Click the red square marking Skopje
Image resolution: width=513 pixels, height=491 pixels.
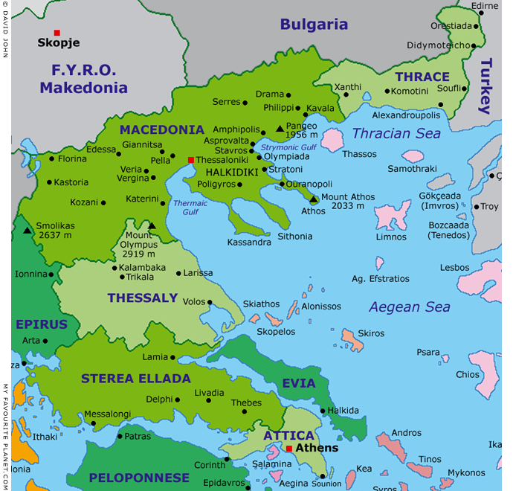57,33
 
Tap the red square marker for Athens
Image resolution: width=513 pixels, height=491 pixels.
289,449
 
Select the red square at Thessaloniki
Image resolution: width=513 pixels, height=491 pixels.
191,160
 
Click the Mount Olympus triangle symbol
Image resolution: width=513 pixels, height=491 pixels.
152,226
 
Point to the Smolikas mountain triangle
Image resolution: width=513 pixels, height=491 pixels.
28,231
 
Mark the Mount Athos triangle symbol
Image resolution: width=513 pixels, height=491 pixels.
314,199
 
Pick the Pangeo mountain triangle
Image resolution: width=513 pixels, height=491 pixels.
280,129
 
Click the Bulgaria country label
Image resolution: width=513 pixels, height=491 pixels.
314,25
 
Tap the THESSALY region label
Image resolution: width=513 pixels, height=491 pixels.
142,298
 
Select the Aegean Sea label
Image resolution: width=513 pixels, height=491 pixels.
410,307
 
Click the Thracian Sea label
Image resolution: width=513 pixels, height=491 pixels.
396,134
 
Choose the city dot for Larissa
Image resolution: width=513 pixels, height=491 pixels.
178,273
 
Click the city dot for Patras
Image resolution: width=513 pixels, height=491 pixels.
119,436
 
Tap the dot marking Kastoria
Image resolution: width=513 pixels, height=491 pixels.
49,182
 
